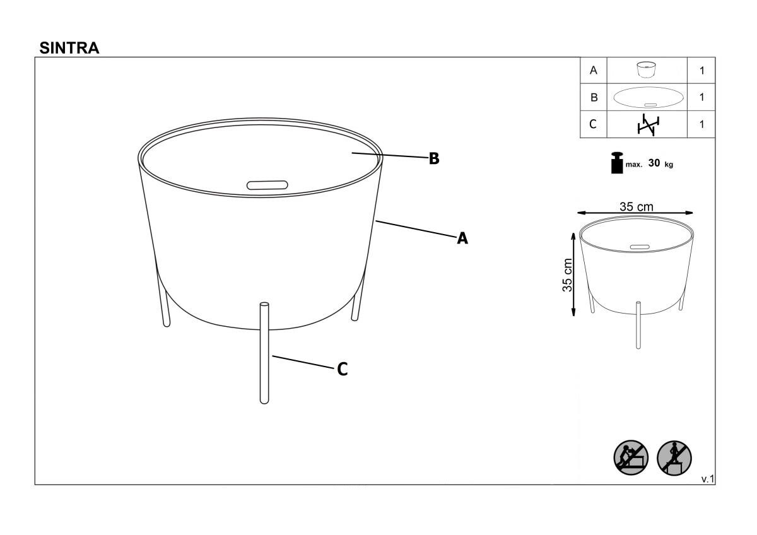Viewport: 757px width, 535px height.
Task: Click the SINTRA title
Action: click(69, 48)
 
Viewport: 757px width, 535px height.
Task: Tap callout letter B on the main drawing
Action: click(434, 158)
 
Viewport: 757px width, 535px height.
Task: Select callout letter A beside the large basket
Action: click(462, 238)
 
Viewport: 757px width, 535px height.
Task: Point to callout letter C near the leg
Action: click(343, 370)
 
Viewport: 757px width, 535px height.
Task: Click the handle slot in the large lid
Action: click(267, 185)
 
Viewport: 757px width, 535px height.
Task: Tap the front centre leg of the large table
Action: click(264, 353)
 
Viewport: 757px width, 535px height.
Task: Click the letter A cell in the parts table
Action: click(594, 70)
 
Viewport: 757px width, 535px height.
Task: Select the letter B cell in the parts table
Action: click(594, 97)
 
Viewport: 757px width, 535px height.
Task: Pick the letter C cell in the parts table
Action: click(594, 124)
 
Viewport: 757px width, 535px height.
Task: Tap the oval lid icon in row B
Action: click(648, 97)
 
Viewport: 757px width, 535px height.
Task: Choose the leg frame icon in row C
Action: click(648, 125)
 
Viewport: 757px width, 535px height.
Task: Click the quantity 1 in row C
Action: click(702, 124)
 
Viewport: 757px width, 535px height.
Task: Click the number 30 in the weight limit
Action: click(654, 163)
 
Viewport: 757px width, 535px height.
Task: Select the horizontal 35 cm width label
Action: click(637, 206)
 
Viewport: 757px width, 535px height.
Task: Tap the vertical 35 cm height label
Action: click(567, 275)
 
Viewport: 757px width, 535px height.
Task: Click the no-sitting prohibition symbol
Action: click(631, 458)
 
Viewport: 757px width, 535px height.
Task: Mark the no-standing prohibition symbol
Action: click(674, 458)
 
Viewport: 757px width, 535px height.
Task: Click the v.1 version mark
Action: click(708, 479)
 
